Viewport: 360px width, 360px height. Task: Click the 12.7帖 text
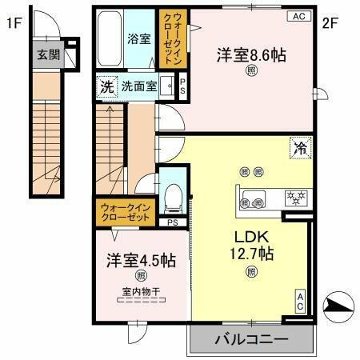pos(251,254)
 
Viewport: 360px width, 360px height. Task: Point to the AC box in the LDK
pos(301,300)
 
